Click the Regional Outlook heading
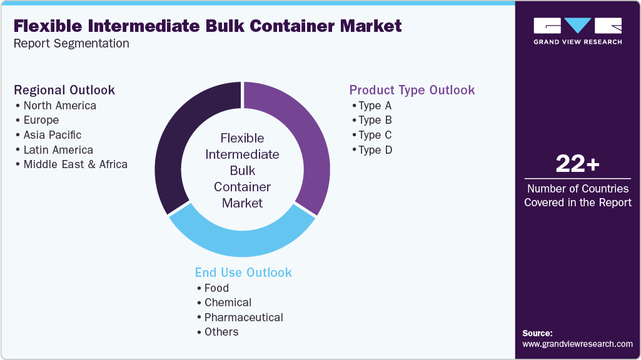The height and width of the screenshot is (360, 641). click(64, 90)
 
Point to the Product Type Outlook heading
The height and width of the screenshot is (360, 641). click(412, 90)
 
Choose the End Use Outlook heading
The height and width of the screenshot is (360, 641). click(243, 272)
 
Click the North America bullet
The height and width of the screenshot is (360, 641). click(59, 106)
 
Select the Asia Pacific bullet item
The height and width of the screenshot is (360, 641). click(52, 135)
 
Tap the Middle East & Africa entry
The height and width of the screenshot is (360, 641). click(75, 164)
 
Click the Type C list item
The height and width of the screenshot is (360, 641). click(375, 135)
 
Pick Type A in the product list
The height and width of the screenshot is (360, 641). click(375, 106)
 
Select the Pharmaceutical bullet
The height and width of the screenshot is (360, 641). click(243, 317)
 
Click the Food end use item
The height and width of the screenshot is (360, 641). click(216, 288)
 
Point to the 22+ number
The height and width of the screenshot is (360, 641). click(577, 164)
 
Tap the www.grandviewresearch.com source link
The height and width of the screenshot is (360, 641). click(577, 344)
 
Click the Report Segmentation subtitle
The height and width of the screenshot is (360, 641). click(71, 44)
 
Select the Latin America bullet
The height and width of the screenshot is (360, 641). click(58, 150)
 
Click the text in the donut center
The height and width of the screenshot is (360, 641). click(243, 170)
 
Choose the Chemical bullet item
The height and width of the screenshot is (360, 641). click(228, 302)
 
